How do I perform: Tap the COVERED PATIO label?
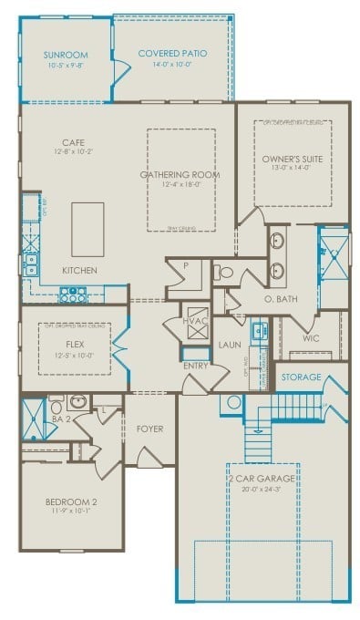[x=172, y=54]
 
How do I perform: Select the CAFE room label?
[x=73, y=142]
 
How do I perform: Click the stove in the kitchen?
[x=71, y=294]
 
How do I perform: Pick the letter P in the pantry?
[x=184, y=265]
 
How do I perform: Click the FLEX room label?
[x=76, y=346]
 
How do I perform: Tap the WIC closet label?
[x=311, y=337]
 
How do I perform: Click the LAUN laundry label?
[x=229, y=345]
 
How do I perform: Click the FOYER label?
[x=149, y=427]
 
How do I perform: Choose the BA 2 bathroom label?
[x=56, y=418]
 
